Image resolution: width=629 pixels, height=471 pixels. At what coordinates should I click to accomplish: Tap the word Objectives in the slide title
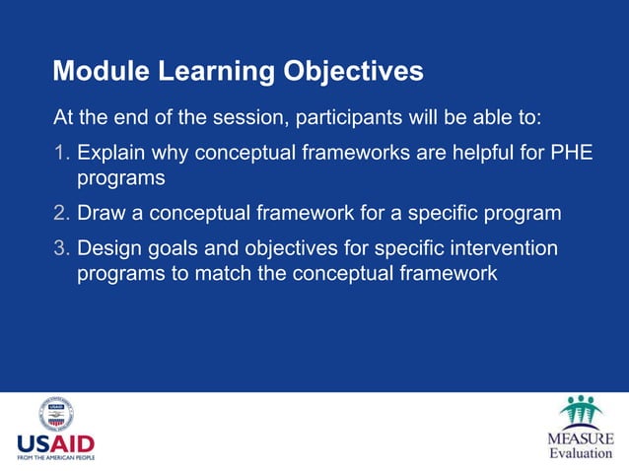click(x=353, y=72)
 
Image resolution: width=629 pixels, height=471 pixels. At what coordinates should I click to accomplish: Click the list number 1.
click(x=61, y=154)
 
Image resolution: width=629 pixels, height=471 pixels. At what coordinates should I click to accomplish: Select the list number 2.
click(x=61, y=213)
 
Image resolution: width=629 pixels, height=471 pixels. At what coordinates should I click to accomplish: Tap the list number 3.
click(x=61, y=247)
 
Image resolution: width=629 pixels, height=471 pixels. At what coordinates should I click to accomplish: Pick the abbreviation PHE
click(x=572, y=154)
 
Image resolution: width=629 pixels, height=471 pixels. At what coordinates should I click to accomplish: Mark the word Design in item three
click(x=110, y=247)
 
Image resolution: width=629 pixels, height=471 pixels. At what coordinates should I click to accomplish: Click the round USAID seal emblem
click(x=55, y=415)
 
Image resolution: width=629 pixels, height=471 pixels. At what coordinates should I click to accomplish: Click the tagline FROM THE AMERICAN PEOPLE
click(x=55, y=457)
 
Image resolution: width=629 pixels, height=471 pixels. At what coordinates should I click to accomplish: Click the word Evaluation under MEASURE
click(x=581, y=453)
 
